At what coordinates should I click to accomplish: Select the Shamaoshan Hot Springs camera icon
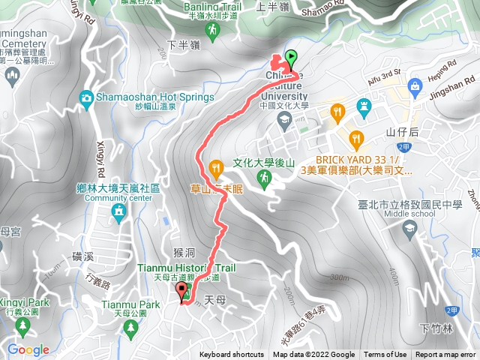coord(87,97)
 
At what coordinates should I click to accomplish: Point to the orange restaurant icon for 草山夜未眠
coord(216,166)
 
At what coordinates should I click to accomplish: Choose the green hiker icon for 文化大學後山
coord(263,178)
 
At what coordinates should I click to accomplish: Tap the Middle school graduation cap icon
coord(409,228)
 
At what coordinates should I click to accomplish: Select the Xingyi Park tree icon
coord(23,326)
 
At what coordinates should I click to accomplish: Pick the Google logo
coord(28,349)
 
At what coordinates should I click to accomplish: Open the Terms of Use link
coord(385,355)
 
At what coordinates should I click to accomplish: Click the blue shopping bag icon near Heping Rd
coord(414,89)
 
